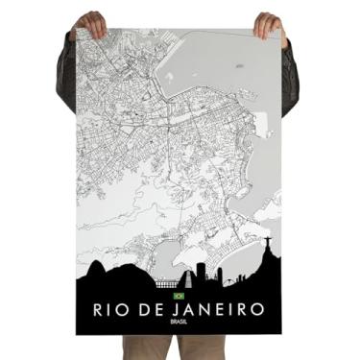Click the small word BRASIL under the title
[x=180, y=324]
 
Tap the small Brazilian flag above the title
[x=178, y=297]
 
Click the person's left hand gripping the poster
[x=91, y=21]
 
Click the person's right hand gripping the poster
[x=268, y=23]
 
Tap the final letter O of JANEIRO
[x=257, y=310]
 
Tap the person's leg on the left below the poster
[x=144, y=347]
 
